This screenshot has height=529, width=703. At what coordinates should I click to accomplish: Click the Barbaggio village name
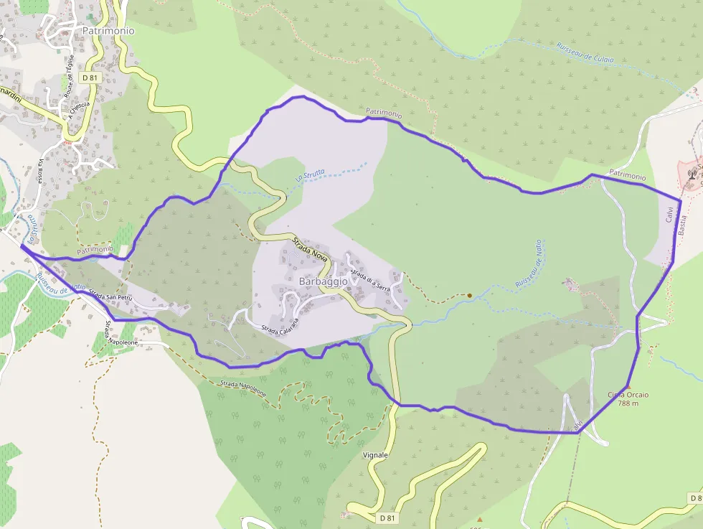tap(322, 282)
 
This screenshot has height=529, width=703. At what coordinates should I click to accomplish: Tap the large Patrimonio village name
tap(108, 31)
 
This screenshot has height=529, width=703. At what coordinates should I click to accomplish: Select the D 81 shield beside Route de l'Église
tap(89, 77)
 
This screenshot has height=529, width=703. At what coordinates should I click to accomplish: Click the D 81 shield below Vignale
tap(387, 518)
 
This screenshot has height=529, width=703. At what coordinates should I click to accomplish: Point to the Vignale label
tap(375, 455)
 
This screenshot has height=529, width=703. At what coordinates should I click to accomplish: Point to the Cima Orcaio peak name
tap(628, 395)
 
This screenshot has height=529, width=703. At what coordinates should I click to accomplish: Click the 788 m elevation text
tap(628, 403)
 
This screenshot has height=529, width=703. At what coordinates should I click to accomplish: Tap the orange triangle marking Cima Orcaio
tap(628, 387)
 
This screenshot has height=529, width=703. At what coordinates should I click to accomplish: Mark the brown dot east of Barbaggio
tap(469, 295)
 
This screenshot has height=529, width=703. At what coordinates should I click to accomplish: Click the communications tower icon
tap(692, 173)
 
